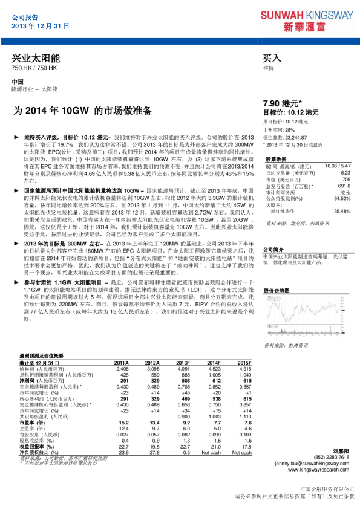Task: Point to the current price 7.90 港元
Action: [285, 103]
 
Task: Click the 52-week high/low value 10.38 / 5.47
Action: [337, 166]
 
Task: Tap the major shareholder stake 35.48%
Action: [342, 211]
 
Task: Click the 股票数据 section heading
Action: [275, 158]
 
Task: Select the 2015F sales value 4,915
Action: [244, 368]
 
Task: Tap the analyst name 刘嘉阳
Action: [341, 451]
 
